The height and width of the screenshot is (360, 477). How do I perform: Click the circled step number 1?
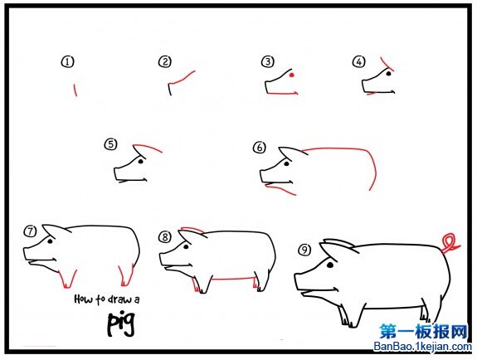coord(67,61)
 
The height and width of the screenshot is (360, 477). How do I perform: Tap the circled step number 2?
coord(165,61)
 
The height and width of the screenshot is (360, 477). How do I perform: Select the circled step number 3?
coord(268,61)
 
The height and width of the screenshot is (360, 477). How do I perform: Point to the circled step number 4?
coord(358,61)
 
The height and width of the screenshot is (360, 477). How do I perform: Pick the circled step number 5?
coord(110,144)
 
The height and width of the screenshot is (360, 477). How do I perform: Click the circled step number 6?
coord(260,148)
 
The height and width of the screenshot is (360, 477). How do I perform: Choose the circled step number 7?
coord(30,231)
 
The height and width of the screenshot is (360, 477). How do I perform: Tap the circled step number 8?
coord(165,236)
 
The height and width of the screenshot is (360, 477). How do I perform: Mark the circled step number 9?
coord(304,250)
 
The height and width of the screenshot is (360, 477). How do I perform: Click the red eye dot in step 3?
coord(291,75)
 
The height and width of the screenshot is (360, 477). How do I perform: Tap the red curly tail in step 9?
coord(450,242)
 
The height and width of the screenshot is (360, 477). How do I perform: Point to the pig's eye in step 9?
coord(330,265)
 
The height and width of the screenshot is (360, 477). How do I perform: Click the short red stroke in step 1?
coord(75,90)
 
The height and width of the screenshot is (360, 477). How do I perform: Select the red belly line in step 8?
coord(233,278)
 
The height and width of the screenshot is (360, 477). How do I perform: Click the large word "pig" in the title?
coord(121,324)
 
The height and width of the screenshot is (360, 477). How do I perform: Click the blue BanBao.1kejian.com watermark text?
coord(422,346)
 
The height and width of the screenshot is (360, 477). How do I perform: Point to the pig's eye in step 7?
coord(50,241)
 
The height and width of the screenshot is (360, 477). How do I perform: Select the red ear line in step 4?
coord(387,64)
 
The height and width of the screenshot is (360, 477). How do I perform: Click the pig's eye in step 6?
coord(286,163)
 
